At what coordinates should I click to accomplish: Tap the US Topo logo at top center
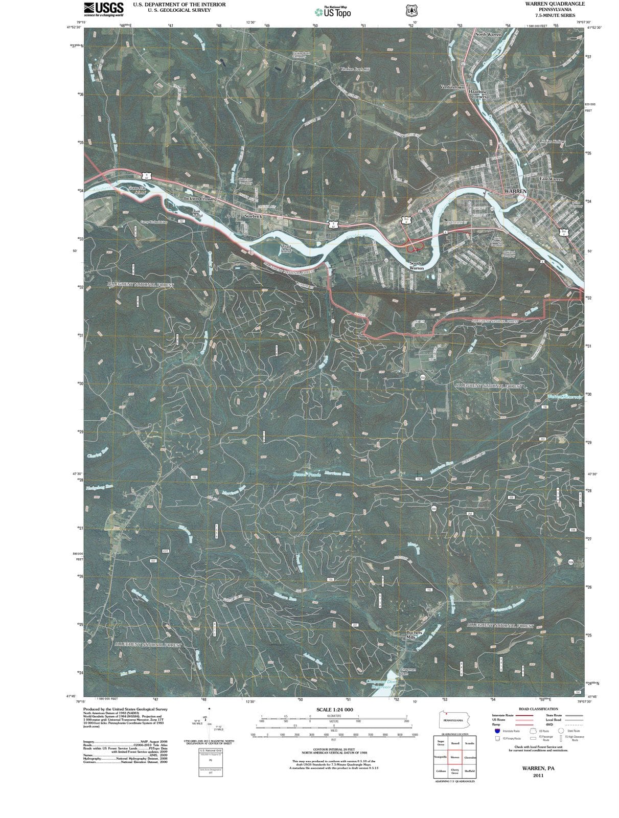coord(333,12)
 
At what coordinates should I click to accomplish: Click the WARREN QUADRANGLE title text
coord(547,4)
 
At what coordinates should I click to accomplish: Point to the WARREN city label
coord(515,191)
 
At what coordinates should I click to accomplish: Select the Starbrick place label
coord(253,216)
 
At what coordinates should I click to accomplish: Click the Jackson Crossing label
coord(200,198)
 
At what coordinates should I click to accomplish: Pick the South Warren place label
coord(417,266)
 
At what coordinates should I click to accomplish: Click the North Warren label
coord(488,34)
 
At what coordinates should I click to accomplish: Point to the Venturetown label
coord(452,87)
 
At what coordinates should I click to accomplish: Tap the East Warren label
coord(551,179)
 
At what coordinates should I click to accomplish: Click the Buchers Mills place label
coord(414,635)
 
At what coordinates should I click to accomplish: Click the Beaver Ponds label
coord(307,474)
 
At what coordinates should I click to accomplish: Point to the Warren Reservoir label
coord(564,397)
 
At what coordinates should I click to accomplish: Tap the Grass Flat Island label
coord(136,191)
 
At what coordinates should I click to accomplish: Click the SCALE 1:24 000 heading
coord(334,710)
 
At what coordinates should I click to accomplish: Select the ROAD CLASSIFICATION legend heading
coord(538,709)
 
